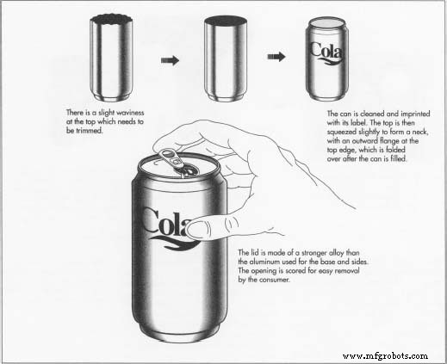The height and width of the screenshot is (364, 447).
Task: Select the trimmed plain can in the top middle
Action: [x=228, y=59]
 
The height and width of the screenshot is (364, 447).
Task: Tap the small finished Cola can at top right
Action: [x=328, y=59]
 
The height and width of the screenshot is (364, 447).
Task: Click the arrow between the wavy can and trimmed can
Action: [x=171, y=60]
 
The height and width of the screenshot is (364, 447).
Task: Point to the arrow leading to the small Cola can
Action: [x=276, y=58]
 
